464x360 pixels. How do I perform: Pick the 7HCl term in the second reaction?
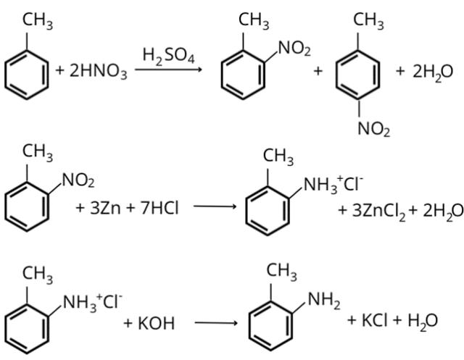coord(154,209)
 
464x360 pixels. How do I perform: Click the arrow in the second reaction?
coord(215,209)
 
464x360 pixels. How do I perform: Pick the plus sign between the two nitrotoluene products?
coord(318,72)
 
